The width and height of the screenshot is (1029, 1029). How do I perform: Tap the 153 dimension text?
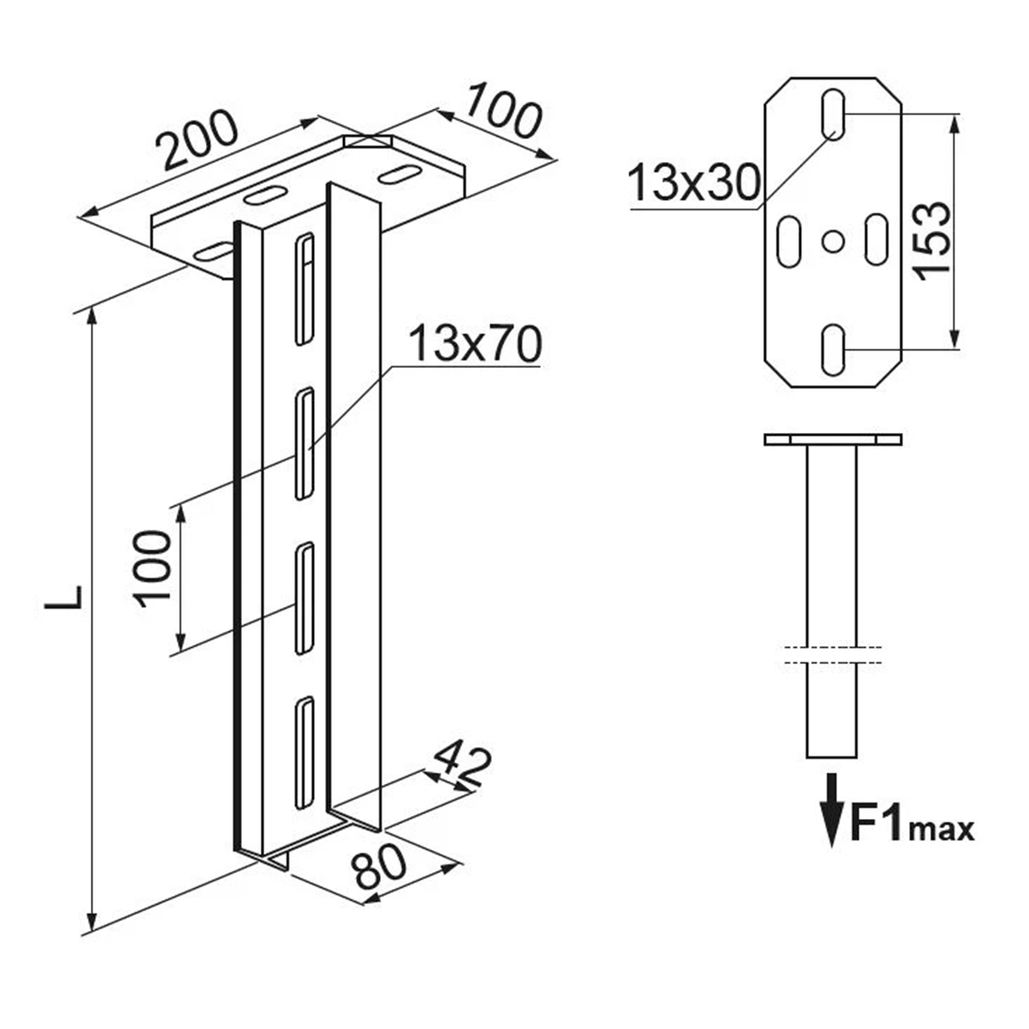tap(931, 241)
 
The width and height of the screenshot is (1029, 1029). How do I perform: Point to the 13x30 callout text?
tap(695, 182)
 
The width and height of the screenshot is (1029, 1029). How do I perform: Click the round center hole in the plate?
tap(833, 241)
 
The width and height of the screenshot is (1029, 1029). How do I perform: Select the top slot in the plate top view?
tap(833, 114)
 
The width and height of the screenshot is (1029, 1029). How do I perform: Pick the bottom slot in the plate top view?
tap(833, 349)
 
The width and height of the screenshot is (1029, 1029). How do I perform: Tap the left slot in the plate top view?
tap(790, 241)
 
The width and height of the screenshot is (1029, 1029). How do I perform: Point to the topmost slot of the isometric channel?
tap(305, 289)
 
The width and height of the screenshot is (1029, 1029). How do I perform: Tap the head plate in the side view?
tap(833, 440)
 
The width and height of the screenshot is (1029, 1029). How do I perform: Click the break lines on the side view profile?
tap(833, 655)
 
